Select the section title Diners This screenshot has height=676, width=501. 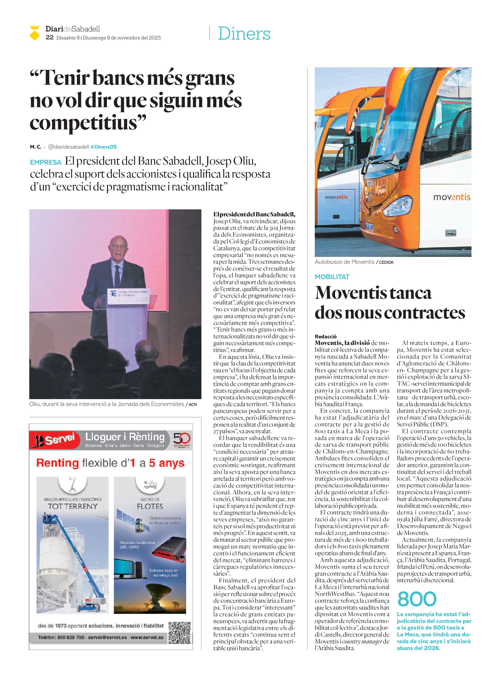[244, 34]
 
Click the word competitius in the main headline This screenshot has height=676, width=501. [88, 123]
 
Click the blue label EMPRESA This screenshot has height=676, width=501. [46, 162]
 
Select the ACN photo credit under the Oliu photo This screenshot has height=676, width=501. [193, 405]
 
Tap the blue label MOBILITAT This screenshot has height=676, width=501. [332, 277]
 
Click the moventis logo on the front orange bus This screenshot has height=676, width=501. [451, 197]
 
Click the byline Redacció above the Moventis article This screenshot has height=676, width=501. [326, 336]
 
